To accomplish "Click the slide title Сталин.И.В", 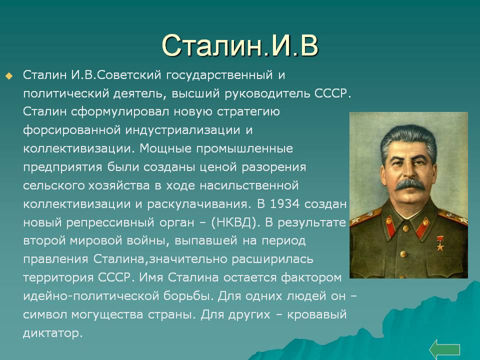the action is click(x=240, y=45).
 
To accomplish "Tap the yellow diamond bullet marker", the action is click(x=9, y=76).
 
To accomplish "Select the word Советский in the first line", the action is click(x=129, y=75).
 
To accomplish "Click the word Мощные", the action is click(x=165, y=149).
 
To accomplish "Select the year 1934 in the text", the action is click(x=284, y=204).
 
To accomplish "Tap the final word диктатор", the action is click(x=53, y=333).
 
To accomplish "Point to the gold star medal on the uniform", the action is click(x=440, y=244).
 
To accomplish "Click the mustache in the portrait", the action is click(x=409, y=184).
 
